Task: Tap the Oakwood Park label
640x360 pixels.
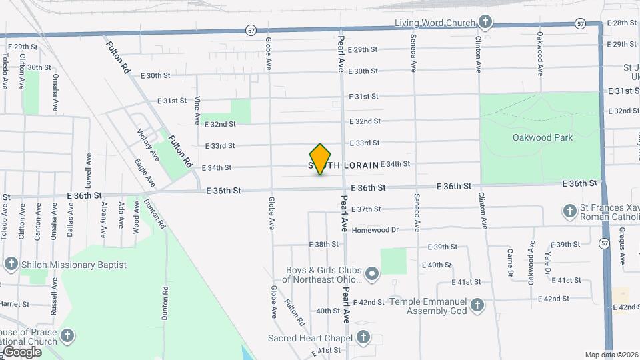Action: (x=543, y=138)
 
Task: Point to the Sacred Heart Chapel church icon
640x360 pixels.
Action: (x=363, y=337)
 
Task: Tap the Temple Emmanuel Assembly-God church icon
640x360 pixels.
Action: (x=477, y=305)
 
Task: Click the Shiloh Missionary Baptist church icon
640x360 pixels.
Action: (x=11, y=264)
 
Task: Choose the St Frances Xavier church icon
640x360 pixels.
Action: (x=569, y=212)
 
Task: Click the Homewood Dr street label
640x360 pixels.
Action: (x=375, y=230)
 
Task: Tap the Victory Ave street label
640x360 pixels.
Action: (x=148, y=145)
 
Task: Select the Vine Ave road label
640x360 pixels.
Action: (x=197, y=110)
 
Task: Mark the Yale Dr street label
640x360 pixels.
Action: (x=548, y=262)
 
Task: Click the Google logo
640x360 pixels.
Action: (x=21, y=352)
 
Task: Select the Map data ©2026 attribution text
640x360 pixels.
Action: (x=611, y=355)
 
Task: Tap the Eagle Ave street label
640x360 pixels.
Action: (x=144, y=172)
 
